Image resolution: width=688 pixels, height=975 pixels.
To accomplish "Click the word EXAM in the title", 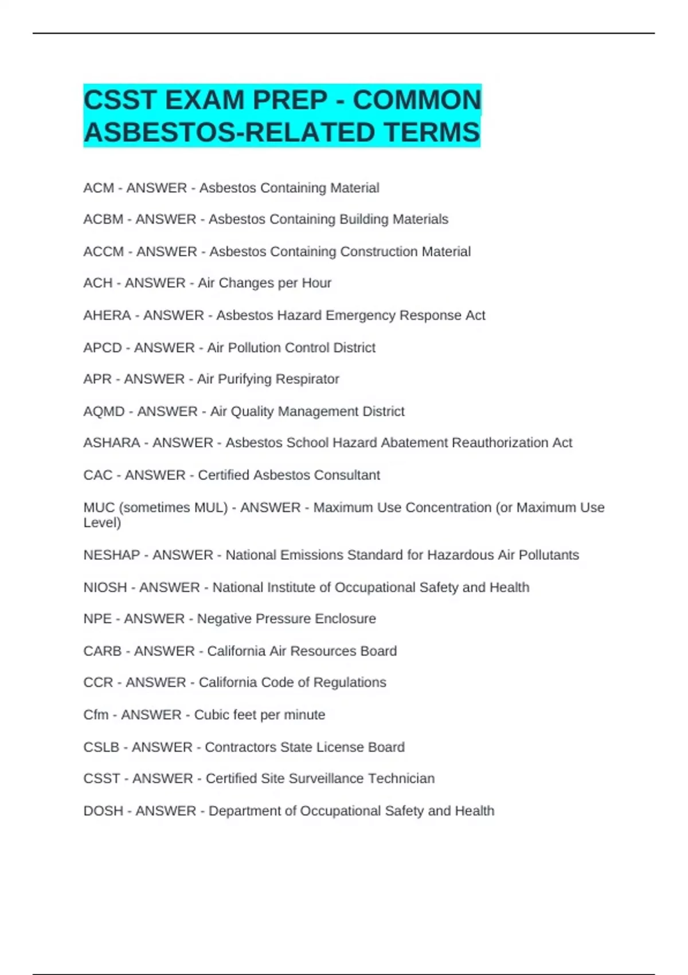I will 204,100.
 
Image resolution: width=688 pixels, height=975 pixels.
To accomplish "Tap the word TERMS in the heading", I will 431,132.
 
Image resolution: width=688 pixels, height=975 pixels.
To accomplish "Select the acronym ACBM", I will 103,219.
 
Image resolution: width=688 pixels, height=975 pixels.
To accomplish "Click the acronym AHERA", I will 107,315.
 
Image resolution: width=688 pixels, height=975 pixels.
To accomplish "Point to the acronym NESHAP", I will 112,555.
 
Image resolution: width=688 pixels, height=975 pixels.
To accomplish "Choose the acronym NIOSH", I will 105,587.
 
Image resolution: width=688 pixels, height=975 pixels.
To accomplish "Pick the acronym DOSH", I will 103,811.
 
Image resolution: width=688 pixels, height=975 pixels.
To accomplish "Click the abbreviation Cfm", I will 96,715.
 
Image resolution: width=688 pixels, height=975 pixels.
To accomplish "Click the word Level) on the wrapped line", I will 102,522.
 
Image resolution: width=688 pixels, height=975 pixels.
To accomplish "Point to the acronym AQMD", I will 104,412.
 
